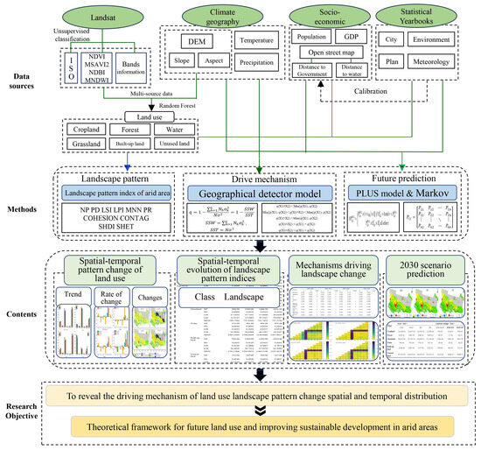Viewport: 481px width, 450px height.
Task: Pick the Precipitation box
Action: (258, 61)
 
